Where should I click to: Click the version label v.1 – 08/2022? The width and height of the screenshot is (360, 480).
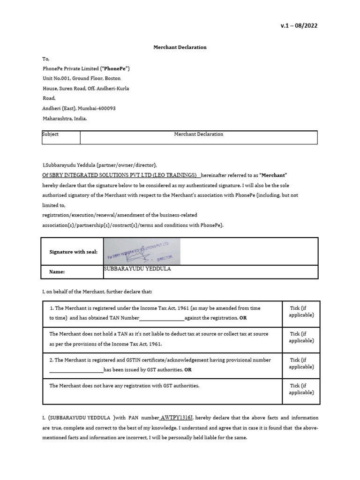click(299, 26)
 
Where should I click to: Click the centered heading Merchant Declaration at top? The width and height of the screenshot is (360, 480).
click(180, 47)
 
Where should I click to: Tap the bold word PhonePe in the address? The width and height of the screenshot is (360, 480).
click(112, 68)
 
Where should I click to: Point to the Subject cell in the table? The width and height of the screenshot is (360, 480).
click(51, 134)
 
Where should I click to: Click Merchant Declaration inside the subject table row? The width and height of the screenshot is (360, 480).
click(198, 134)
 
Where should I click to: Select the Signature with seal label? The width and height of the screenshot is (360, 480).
click(74, 252)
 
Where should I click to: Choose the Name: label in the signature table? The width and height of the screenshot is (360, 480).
click(57, 272)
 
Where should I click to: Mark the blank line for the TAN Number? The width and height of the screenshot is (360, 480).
click(162, 318)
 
